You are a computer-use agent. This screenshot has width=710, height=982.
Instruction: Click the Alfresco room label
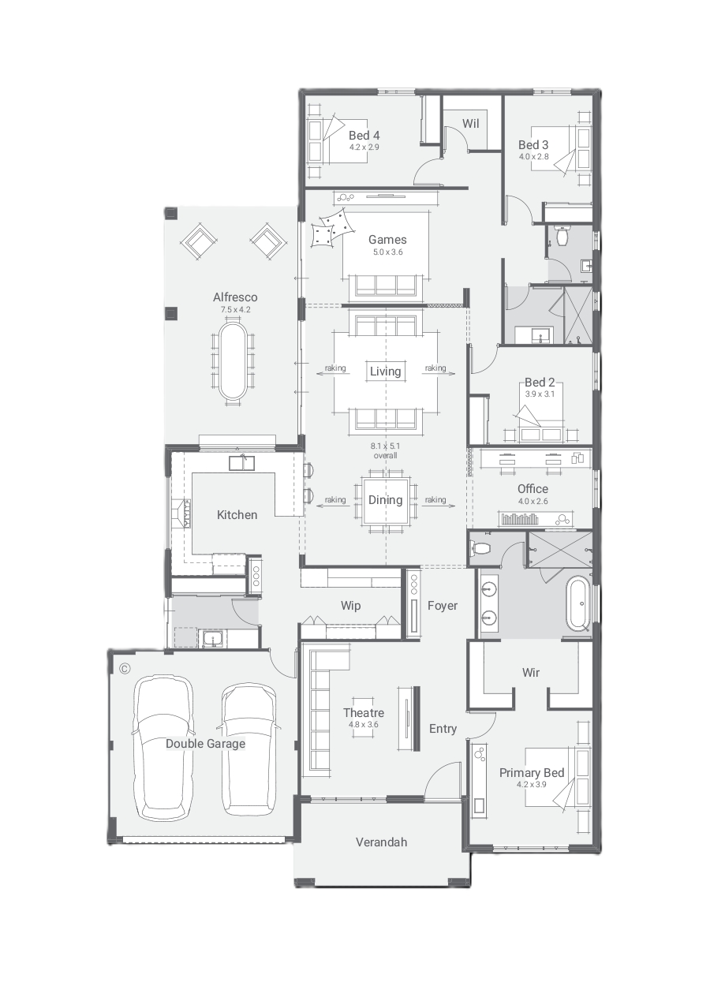click(235, 297)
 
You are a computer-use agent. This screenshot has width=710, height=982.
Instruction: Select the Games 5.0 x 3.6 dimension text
click(387, 252)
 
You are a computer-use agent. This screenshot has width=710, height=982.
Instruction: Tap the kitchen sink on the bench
click(241, 463)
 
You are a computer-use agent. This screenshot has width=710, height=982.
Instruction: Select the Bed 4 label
click(364, 135)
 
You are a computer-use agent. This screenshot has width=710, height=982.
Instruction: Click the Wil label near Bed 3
click(470, 124)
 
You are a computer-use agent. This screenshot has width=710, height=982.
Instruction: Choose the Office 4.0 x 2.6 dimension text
click(532, 501)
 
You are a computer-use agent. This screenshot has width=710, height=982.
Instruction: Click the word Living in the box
click(386, 372)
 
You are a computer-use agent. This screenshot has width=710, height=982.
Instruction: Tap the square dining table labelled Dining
click(386, 500)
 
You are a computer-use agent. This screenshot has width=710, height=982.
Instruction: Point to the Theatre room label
click(364, 713)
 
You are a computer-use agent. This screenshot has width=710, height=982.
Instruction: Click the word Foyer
click(443, 606)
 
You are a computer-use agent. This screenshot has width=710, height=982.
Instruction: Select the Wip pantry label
click(351, 606)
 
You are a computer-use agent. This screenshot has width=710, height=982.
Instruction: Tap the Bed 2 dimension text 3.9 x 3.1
click(540, 394)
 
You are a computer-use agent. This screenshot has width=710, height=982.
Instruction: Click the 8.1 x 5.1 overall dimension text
click(386, 450)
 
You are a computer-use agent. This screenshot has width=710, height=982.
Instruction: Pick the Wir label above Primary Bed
click(531, 673)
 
